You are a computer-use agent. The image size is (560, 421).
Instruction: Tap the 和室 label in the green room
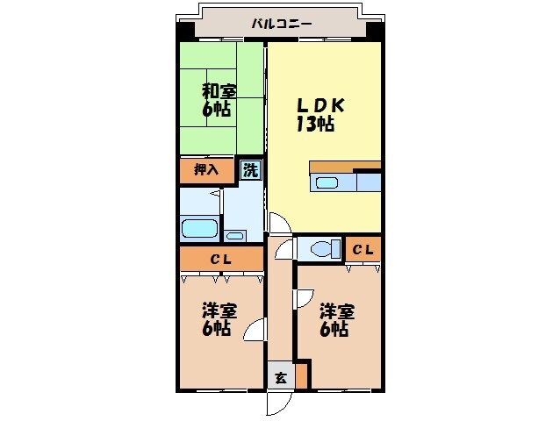[x=219, y=91]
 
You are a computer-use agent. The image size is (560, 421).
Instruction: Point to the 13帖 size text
[x=313, y=124]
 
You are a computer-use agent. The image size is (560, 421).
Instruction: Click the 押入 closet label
[x=206, y=170]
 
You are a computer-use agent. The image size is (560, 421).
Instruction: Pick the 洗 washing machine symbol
[x=251, y=171]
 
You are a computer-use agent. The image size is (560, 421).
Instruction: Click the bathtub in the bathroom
[x=199, y=230]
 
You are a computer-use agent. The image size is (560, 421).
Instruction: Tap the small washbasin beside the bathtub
[x=234, y=235]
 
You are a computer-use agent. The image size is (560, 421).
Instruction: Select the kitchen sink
[x=326, y=183]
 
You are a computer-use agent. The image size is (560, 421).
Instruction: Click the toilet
[x=322, y=248]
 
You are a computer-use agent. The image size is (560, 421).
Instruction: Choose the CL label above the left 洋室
[x=220, y=259]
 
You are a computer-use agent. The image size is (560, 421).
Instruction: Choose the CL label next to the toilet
[x=363, y=250]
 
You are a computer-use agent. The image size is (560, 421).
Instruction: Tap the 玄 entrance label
[x=280, y=378]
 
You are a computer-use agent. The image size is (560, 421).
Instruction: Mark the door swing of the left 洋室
[x=255, y=330]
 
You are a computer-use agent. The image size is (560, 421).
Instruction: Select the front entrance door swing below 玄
[x=278, y=403]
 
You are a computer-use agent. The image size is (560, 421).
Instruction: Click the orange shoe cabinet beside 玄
[x=302, y=375]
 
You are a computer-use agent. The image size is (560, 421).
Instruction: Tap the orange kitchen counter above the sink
[x=344, y=167]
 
